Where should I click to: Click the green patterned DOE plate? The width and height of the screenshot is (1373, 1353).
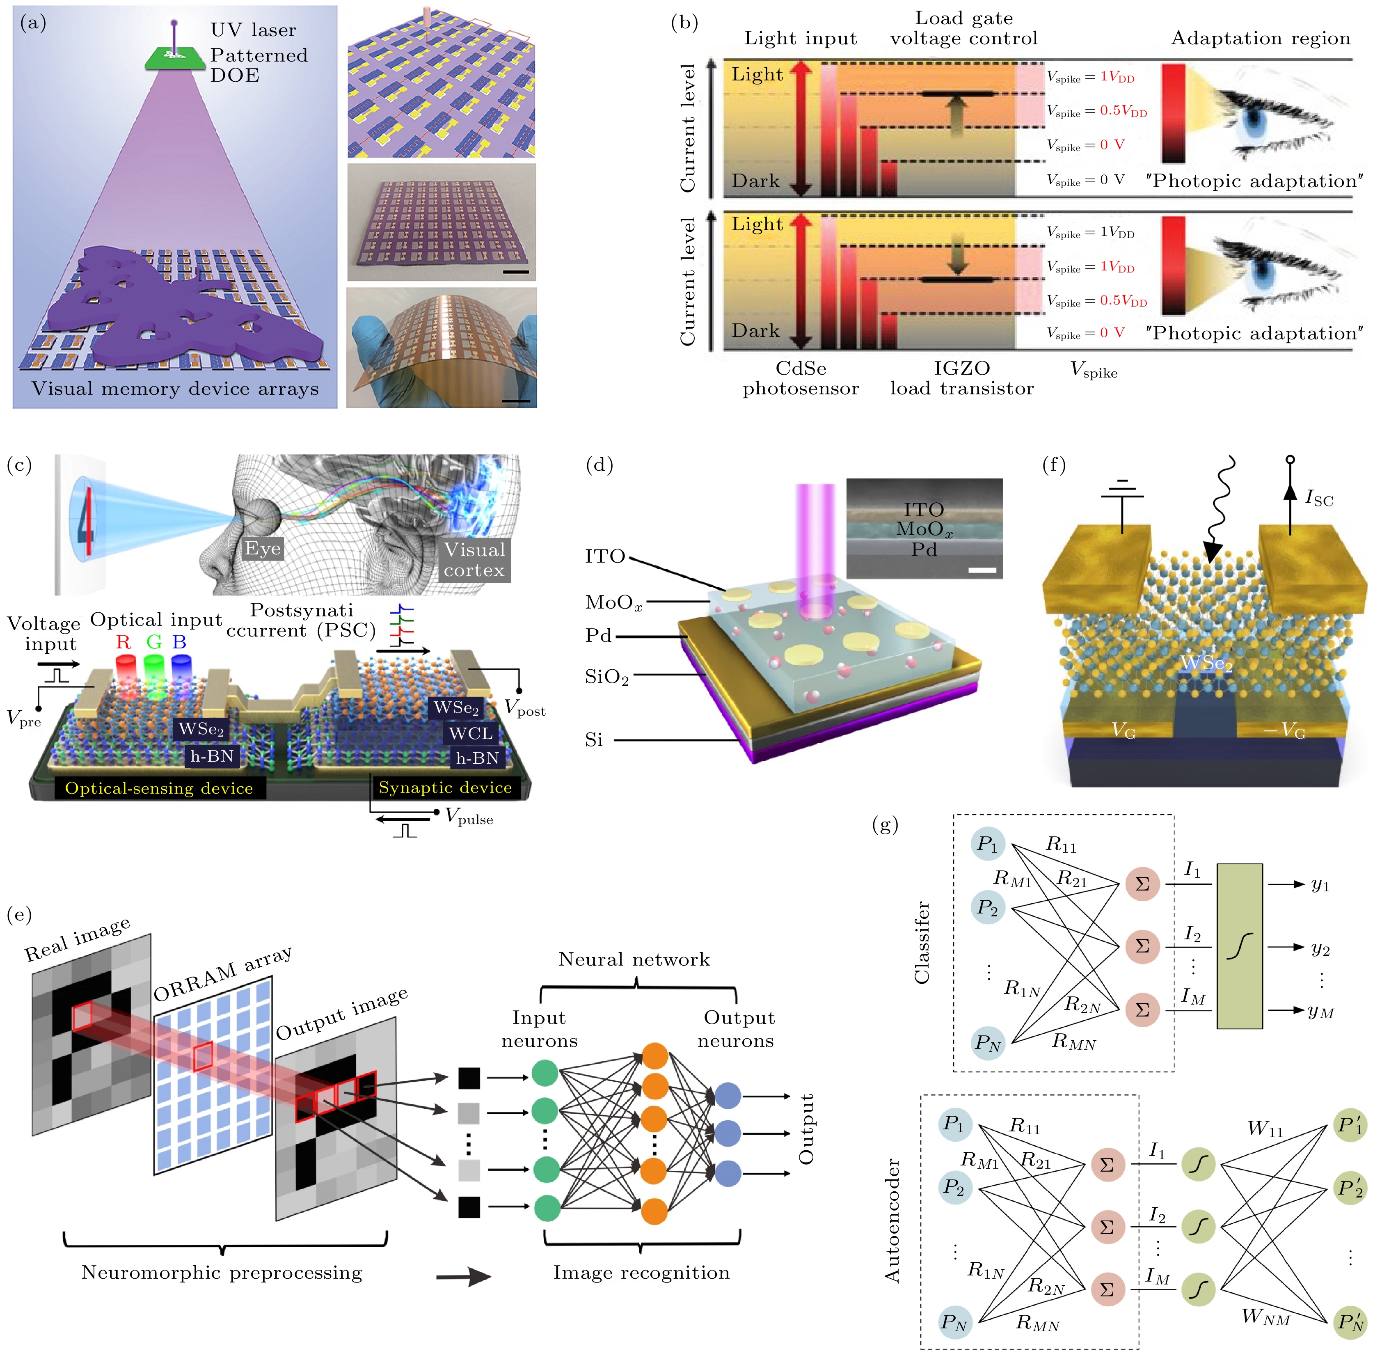173,58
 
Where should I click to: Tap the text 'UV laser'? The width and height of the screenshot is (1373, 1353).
253,30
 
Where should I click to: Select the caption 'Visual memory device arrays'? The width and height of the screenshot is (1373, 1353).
175,389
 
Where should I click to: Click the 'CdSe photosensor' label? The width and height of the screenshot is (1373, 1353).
801,378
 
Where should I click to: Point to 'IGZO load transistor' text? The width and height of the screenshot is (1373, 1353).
962,378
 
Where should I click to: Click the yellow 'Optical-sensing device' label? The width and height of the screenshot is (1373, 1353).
159,788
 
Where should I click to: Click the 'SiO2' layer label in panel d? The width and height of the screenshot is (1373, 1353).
607,677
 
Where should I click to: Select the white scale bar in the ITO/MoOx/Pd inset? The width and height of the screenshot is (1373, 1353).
982,570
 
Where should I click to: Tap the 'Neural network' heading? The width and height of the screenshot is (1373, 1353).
634,959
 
